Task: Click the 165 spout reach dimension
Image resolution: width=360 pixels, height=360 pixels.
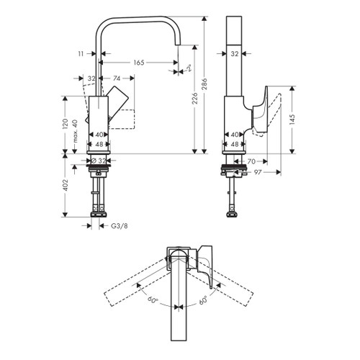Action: (x=138, y=63)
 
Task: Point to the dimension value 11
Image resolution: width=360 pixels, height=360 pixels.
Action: (x=83, y=53)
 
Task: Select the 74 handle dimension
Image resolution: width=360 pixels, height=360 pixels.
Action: (x=116, y=78)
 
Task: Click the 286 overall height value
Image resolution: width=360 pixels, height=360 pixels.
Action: (x=206, y=83)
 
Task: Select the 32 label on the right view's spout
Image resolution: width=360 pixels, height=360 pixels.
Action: (x=234, y=53)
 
